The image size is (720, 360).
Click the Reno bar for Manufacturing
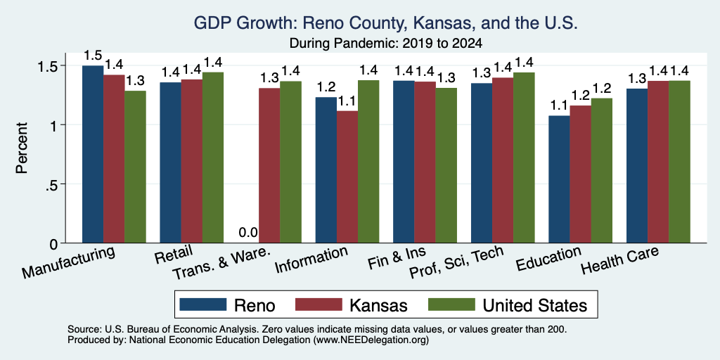pos(93,154)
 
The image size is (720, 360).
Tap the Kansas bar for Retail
pos(191,161)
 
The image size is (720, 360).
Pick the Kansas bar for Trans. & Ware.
pos(269,165)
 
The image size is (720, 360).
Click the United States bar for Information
pos(368,162)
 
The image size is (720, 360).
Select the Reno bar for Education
pos(559,179)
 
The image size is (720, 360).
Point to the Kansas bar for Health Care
pos(658,162)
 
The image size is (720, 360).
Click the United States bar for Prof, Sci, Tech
pos(524,157)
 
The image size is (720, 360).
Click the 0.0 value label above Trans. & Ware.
pos(248,233)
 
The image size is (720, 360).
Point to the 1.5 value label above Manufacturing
pos(93,56)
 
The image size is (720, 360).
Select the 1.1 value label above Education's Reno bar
pos(559,105)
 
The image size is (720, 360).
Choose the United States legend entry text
pos(534,305)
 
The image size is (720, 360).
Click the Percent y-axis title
pos(22,148)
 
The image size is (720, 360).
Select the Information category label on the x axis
pos(311,259)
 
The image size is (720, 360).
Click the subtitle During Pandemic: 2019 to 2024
pos(386,44)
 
